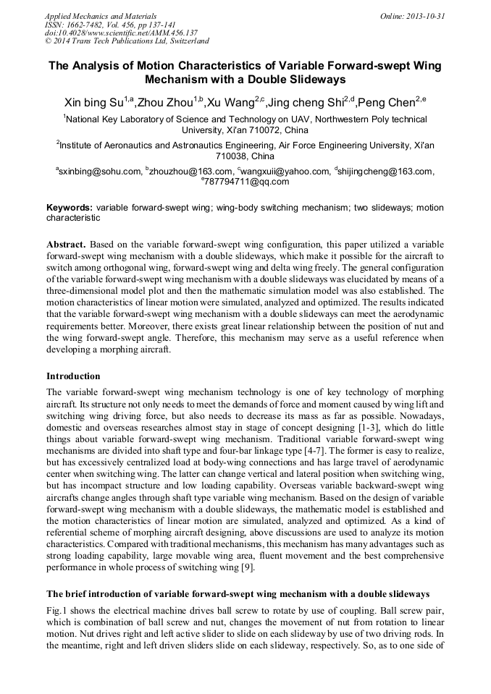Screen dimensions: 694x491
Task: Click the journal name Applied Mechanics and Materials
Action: tap(101, 15)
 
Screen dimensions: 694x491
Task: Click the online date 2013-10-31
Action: tap(425, 15)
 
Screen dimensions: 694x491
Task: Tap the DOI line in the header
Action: tap(121, 33)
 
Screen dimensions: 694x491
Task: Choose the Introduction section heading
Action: tap(73, 376)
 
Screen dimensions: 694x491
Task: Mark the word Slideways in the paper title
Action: tap(314, 79)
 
